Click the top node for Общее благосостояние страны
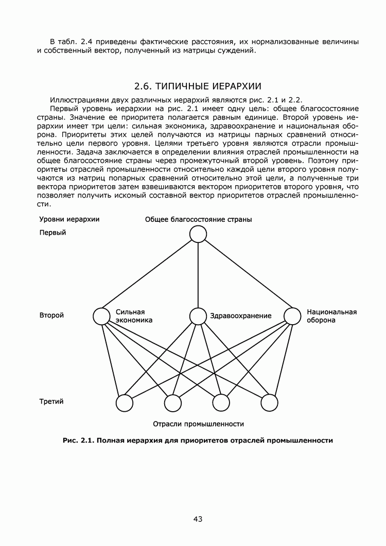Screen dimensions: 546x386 click(x=198, y=234)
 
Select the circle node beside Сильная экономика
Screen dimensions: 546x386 click(x=102, y=316)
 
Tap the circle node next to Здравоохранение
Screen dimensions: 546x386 click(x=198, y=316)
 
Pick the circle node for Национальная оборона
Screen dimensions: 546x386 click(x=292, y=316)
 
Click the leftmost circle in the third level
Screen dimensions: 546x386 click(x=125, y=403)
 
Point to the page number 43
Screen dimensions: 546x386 click(x=198, y=519)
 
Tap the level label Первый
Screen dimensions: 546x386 click(x=53, y=233)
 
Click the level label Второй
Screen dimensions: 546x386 click(x=51, y=315)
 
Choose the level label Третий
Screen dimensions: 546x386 click(x=51, y=401)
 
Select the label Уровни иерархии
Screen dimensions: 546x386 click(x=69, y=219)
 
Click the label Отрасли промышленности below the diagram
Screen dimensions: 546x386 click(x=198, y=424)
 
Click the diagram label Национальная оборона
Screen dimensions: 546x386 click(x=331, y=315)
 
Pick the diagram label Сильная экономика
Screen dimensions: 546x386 click(x=134, y=315)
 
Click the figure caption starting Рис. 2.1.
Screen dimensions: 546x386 click(x=198, y=441)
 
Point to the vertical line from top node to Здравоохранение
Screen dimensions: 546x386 click(x=198, y=275)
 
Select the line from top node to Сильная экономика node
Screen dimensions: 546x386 click(x=149, y=275)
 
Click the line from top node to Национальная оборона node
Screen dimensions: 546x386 click(x=245, y=275)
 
